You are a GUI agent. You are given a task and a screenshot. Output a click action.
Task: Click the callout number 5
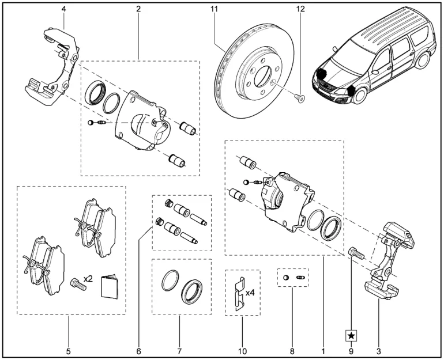coord(68,350)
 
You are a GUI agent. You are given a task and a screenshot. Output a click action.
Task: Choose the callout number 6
coord(139,350)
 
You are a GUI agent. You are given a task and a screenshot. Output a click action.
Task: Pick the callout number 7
coord(179,350)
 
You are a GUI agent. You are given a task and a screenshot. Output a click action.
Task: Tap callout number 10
coord(242,350)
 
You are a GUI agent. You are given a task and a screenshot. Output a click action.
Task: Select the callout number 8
coord(292,350)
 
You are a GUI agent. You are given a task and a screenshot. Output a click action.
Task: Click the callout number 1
coord(323,350)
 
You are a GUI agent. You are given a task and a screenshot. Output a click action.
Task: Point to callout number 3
coord(378,350)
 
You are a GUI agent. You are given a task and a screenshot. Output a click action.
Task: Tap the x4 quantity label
coord(251,293)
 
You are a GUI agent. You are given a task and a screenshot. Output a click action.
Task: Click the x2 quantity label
coord(88,278)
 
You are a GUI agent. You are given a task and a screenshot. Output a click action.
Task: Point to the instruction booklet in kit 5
coord(110,286)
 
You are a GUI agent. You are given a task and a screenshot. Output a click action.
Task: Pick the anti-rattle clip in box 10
coord(238,294)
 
